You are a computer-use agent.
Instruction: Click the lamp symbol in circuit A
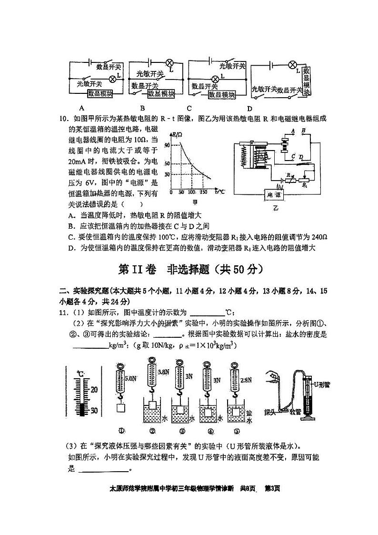pos(113,78)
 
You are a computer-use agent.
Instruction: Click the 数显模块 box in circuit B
pos(161,94)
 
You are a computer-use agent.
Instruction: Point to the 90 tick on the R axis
pos(167,145)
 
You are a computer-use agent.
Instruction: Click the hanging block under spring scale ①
pos(120,408)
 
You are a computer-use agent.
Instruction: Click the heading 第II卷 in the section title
pos(138,270)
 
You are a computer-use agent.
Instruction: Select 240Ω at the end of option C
pos(319,237)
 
